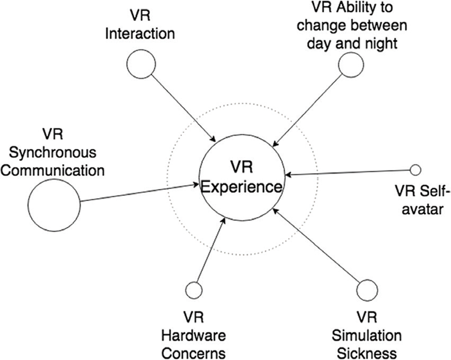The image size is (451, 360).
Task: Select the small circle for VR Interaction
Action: click(x=141, y=64)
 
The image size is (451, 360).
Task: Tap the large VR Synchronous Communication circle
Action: click(x=54, y=203)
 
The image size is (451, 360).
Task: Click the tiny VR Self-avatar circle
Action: click(x=415, y=170)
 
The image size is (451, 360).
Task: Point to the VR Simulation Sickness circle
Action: click(x=367, y=290)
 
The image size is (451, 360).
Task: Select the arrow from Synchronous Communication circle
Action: click(x=138, y=193)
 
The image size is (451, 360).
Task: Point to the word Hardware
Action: click(x=193, y=336)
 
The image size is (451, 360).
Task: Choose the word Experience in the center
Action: click(x=241, y=186)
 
